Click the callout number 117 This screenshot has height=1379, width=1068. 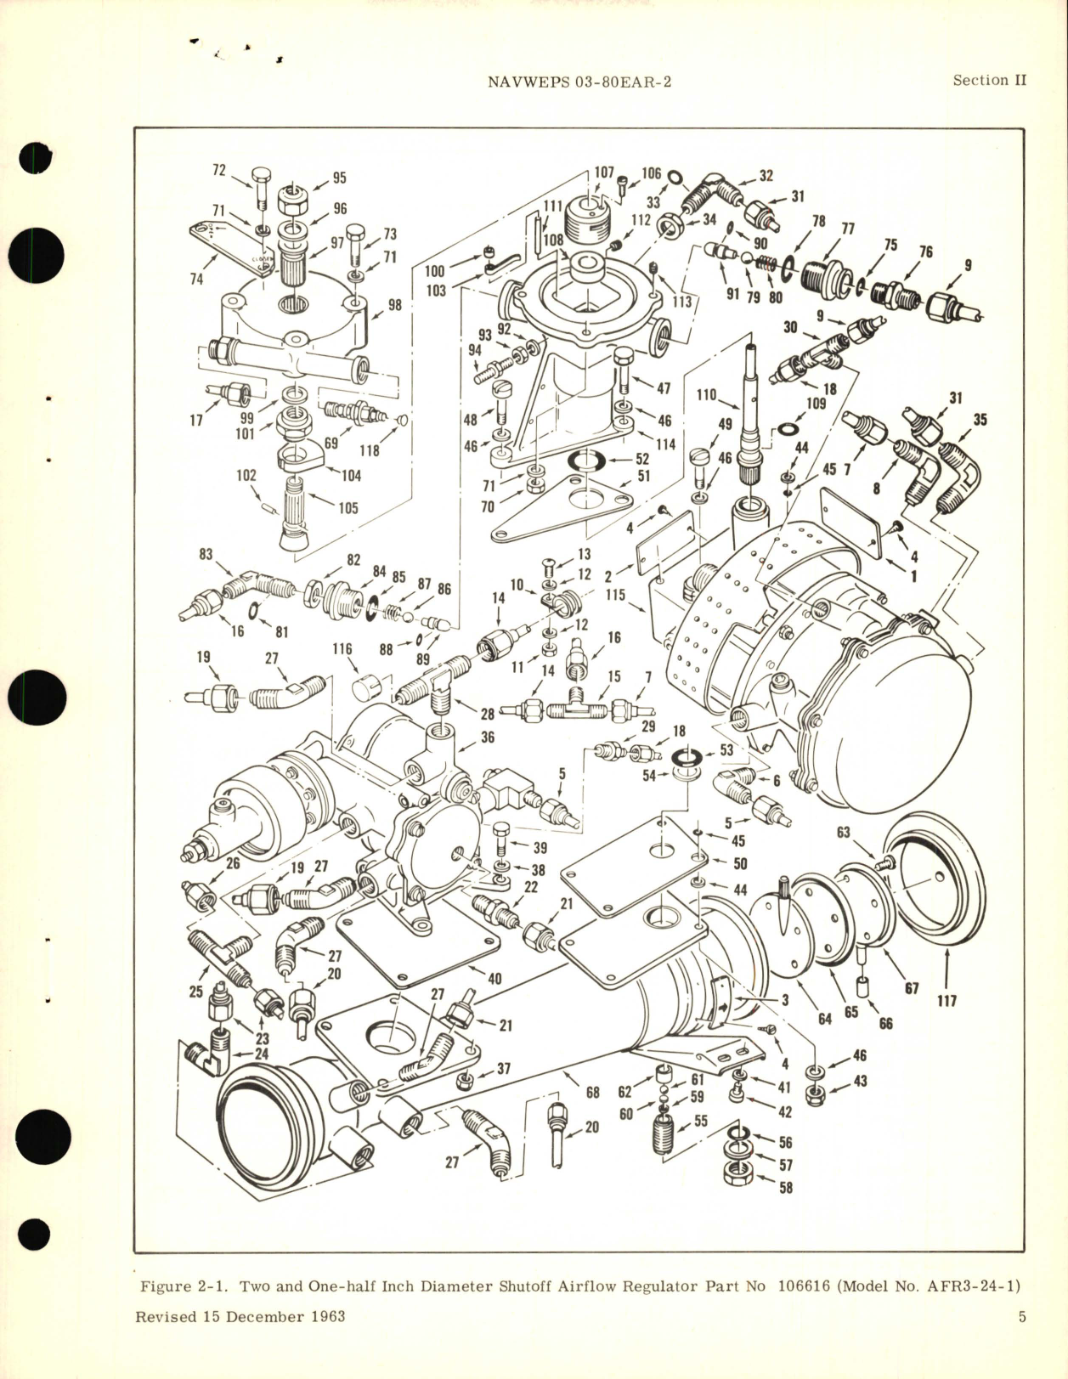pos(947,1001)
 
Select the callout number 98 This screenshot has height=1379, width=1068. pos(395,305)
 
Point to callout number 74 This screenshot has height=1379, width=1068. pos(196,278)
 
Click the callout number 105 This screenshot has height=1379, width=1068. pos(348,508)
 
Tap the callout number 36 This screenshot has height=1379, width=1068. pos(487,738)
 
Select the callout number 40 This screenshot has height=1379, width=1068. pos(494,979)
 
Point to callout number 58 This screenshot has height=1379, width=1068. pos(786,1187)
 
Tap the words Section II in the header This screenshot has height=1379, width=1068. pos(989,80)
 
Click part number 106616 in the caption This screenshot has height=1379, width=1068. pos(804,1286)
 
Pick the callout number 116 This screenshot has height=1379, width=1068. pos(342,649)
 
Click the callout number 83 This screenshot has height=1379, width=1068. pos(206,554)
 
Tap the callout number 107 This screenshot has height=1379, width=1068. pos(603,172)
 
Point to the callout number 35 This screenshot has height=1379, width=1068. pos(980,420)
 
